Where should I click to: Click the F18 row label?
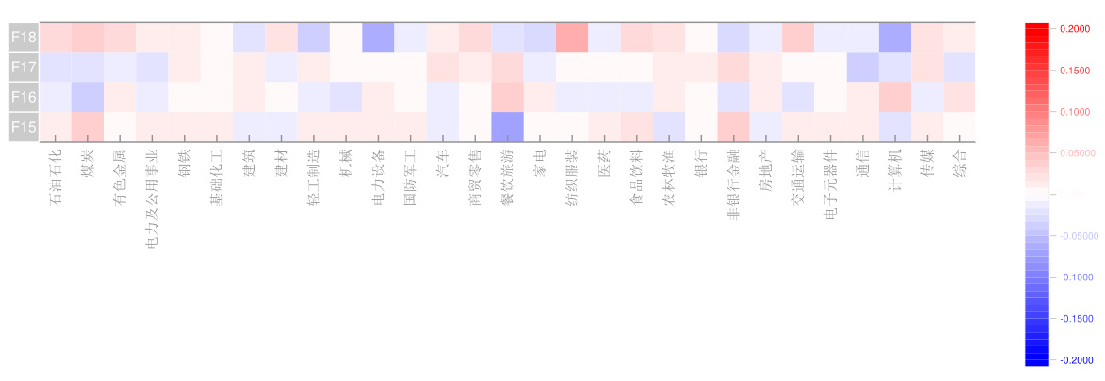pyautogui.click(x=24, y=37)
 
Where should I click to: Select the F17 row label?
pyautogui.click(x=24, y=67)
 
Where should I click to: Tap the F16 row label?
pyautogui.click(x=24, y=97)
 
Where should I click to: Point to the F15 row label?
pyautogui.click(x=24, y=127)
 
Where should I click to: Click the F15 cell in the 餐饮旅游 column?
pyautogui.click(x=507, y=127)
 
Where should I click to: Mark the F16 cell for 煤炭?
pyautogui.click(x=88, y=97)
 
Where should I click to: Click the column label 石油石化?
pyautogui.click(x=56, y=175)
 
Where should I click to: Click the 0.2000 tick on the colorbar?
pyautogui.click(x=1069, y=29)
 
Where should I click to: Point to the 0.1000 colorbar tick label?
pyautogui.click(x=1069, y=112)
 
